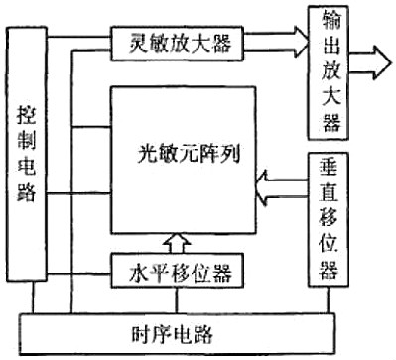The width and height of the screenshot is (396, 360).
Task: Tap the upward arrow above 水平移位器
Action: (x=176, y=239)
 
